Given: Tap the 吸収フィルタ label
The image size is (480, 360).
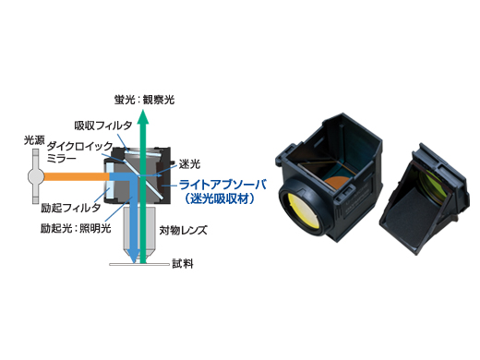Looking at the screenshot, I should [x=102, y=125].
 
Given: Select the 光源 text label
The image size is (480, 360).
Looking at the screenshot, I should [x=34, y=140].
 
